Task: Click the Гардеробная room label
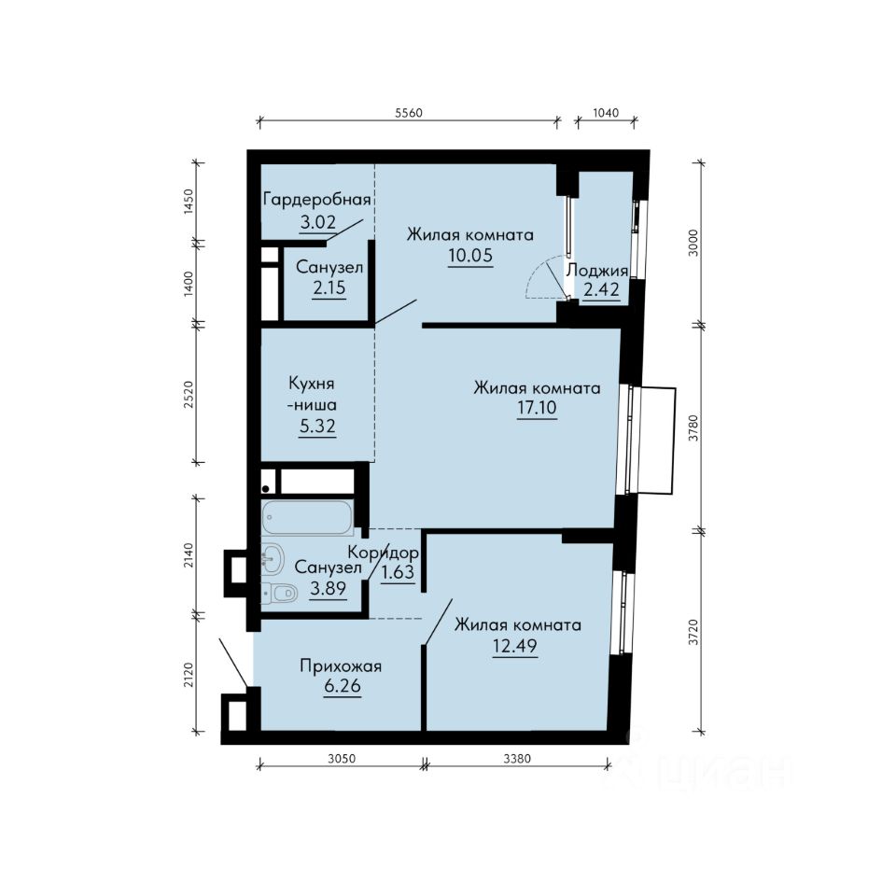(317, 200)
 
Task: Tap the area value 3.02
(317, 222)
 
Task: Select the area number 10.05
(470, 256)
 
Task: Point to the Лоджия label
(597, 271)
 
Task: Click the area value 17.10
(538, 408)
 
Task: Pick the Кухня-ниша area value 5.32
(317, 426)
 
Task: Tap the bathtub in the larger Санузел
(308, 518)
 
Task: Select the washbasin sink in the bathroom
(273, 558)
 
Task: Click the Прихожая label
(342, 666)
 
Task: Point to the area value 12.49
(515, 646)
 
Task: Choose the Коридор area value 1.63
(398, 572)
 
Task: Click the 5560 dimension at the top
(409, 113)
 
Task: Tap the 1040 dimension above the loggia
(606, 113)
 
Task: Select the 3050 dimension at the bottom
(342, 759)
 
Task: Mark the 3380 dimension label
(517, 759)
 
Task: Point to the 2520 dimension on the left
(189, 394)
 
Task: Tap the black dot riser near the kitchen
(266, 488)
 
